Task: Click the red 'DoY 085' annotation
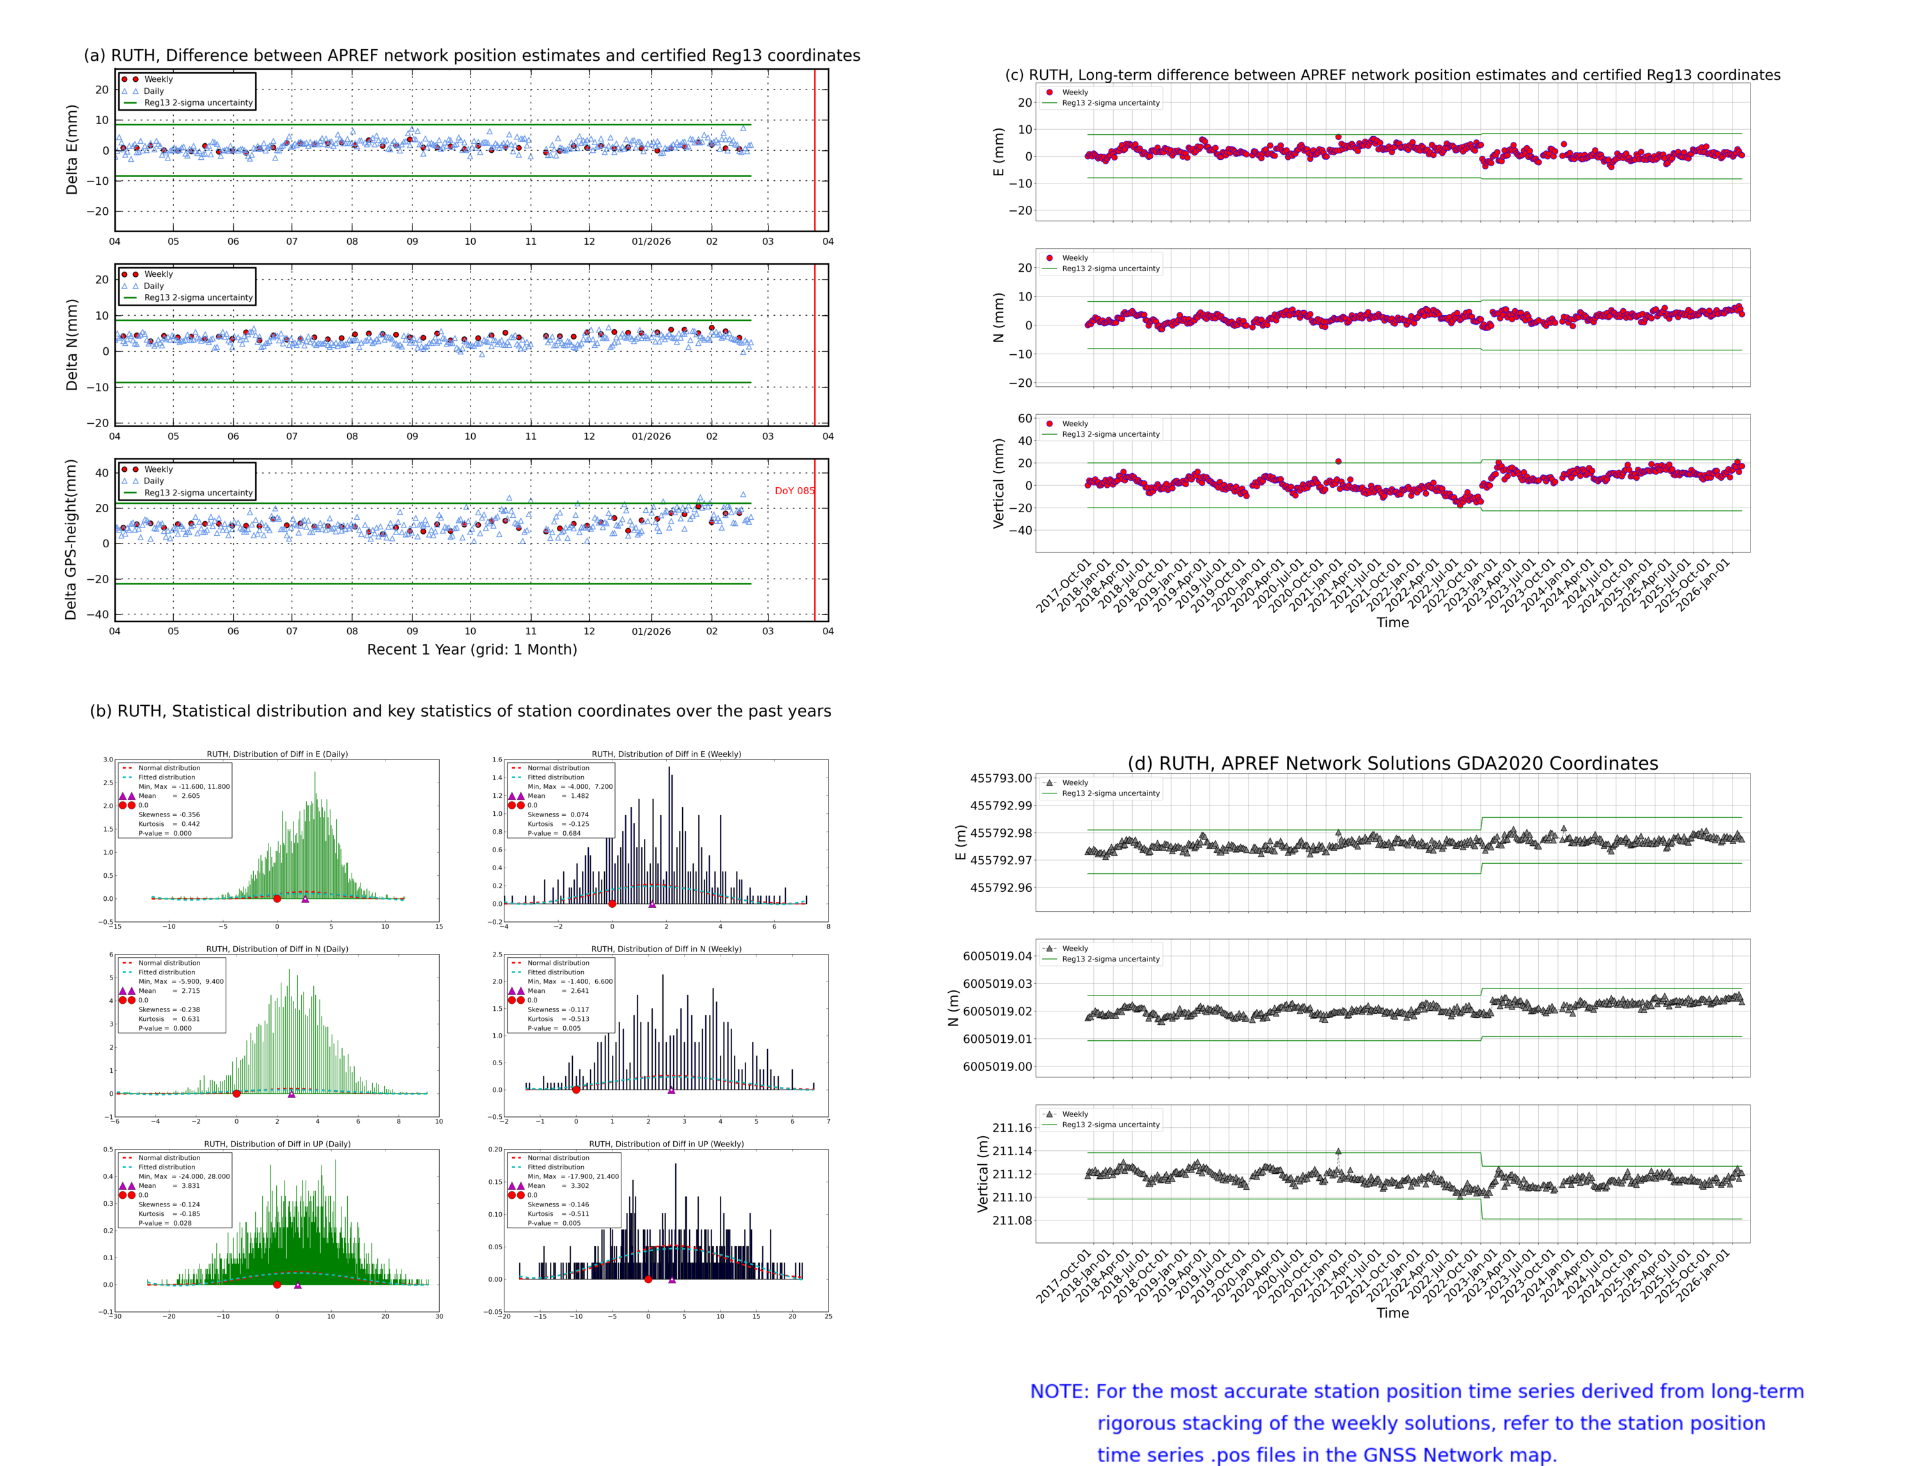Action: tap(793, 490)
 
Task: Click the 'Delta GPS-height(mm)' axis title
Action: tap(72, 539)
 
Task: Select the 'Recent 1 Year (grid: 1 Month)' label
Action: tap(471, 649)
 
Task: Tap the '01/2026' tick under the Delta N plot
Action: tap(651, 436)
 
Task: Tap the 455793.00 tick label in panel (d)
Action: tap(1001, 778)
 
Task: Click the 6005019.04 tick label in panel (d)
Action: tap(997, 956)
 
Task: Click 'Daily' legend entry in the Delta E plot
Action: tap(153, 91)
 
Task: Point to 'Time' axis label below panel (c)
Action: tap(1392, 622)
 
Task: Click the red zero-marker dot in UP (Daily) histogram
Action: tap(277, 1284)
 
